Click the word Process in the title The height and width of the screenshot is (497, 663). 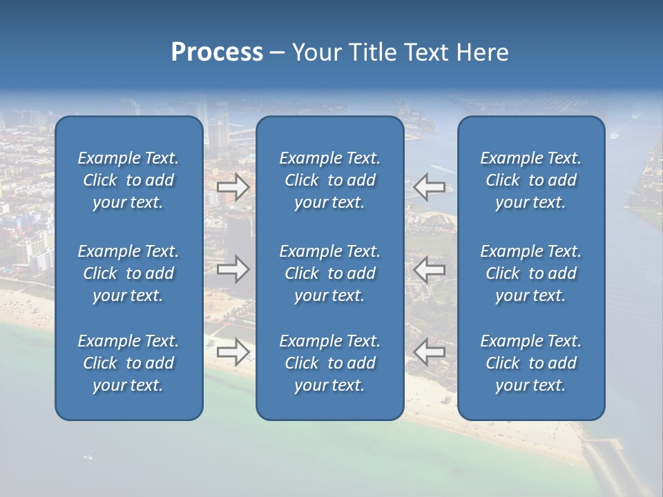pos(217,52)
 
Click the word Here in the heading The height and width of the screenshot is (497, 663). pos(483,52)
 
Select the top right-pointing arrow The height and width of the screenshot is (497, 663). pos(233,186)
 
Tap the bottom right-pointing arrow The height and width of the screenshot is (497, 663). pos(233,352)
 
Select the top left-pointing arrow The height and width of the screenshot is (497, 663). pos(430,186)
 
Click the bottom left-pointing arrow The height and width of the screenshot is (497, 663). pos(430,352)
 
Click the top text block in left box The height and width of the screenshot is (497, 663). pos(128,180)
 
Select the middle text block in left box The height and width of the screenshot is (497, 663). pos(128,273)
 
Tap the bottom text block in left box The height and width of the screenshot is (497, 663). pos(128,363)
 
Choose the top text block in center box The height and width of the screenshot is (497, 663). pos(329,180)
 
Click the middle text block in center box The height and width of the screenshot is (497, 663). pos(329,273)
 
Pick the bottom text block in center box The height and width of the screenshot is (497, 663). pos(329,363)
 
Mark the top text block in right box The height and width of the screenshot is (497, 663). pos(530,180)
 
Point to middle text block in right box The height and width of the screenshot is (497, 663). pos(530,273)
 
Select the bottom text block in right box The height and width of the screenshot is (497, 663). pos(530,363)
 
